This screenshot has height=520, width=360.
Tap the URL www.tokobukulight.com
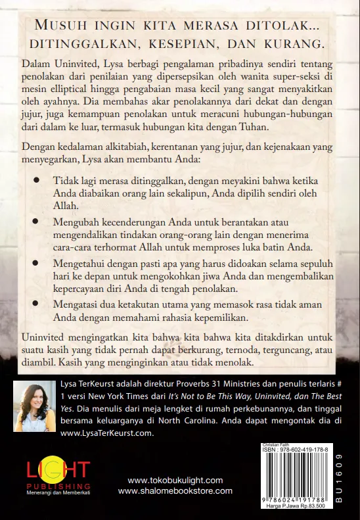point(175,481)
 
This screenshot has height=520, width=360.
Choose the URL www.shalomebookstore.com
point(175,491)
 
